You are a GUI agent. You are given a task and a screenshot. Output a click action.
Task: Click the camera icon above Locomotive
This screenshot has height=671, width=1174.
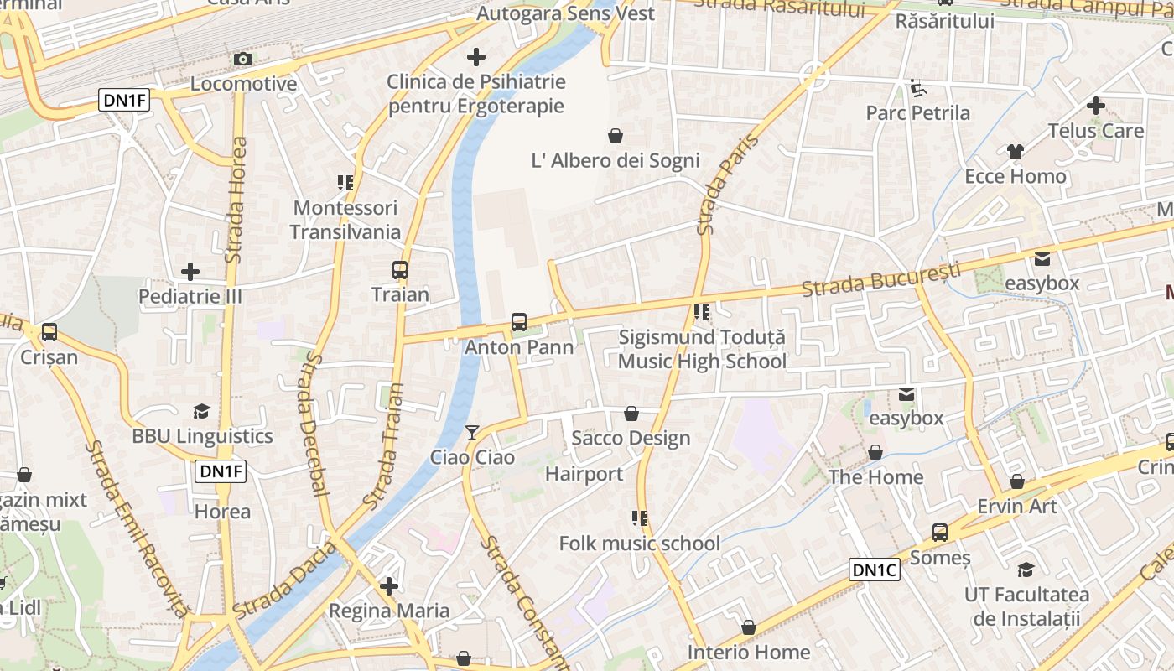[x=243, y=59]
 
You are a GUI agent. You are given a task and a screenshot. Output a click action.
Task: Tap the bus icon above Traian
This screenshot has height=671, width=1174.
[x=400, y=270]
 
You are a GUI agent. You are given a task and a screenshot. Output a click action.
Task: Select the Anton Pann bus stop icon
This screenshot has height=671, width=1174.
[x=519, y=322]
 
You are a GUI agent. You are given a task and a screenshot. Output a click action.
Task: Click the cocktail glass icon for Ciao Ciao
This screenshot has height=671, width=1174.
[x=472, y=433]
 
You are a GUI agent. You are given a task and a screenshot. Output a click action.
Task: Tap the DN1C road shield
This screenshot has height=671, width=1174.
[x=875, y=570]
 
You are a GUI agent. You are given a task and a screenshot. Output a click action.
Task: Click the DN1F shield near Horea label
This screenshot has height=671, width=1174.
[x=221, y=471]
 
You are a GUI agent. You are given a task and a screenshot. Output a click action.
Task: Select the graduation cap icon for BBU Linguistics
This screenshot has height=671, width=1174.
[x=201, y=411]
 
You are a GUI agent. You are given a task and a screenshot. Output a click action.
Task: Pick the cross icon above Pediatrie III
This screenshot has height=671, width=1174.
[x=190, y=272]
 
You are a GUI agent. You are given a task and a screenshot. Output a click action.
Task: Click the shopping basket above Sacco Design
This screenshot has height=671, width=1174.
[x=631, y=414]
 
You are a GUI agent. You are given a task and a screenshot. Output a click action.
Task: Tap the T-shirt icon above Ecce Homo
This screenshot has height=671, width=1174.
[x=1016, y=152]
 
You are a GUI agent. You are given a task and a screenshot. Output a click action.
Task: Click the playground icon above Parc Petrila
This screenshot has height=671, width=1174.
[x=917, y=87]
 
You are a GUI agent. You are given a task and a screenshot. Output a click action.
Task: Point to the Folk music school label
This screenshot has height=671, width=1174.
[x=640, y=544]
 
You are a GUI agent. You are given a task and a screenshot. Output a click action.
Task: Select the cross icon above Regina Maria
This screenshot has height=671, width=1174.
[x=389, y=585]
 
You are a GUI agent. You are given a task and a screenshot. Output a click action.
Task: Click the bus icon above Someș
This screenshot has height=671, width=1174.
[x=940, y=533]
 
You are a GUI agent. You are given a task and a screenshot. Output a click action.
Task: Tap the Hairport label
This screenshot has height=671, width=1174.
[x=584, y=474]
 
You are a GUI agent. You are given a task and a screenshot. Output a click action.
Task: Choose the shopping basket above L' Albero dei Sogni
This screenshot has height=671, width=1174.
[x=616, y=136]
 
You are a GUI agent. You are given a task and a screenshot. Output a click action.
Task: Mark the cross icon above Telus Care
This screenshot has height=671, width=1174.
[x=1095, y=106]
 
